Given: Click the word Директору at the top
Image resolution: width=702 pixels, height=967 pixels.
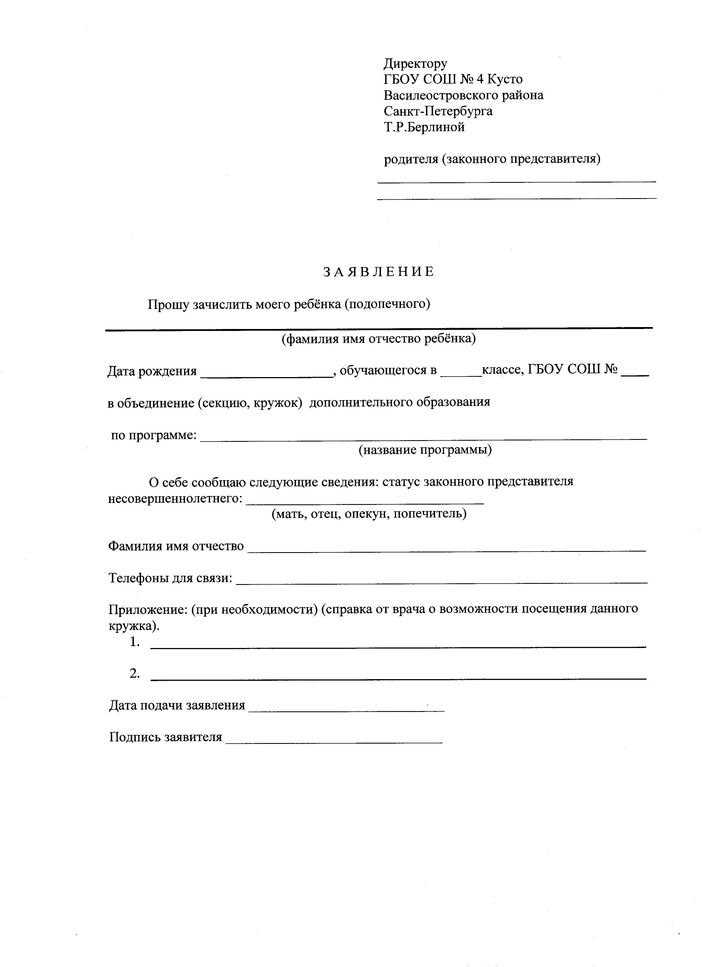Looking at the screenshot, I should coord(415,64).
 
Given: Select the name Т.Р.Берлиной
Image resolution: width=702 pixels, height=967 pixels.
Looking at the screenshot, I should coord(424,127).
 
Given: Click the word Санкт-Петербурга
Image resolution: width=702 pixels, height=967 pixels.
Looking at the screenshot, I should coord(438,111).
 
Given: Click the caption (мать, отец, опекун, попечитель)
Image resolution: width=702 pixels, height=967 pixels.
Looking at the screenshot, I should coord(369,514).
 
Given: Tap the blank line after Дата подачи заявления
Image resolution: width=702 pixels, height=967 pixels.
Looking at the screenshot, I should coord(346,710).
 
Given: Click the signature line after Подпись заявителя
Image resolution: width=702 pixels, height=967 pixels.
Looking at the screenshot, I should coord(334,742).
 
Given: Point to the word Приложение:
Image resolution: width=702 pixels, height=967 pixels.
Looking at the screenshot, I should coord(148,609).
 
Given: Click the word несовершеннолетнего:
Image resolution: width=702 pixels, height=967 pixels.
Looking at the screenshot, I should coord(175,499).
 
